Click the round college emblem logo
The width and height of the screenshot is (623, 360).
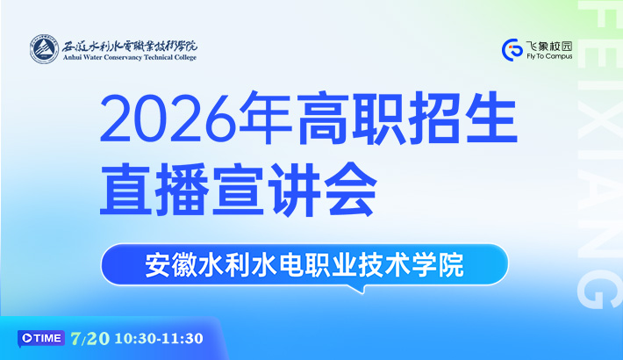(x=44, y=49)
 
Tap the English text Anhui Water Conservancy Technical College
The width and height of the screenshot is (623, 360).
(x=130, y=57)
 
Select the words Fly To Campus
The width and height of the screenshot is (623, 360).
(x=549, y=56)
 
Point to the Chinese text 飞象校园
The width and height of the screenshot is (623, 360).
(x=549, y=46)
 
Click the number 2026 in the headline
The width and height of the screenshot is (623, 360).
(x=168, y=119)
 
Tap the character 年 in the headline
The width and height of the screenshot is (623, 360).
(x=265, y=119)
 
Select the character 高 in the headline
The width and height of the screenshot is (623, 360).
(x=322, y=119)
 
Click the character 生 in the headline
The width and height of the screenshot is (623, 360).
(x=491, y=119)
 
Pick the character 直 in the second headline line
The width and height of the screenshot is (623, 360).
(x=126, y=189)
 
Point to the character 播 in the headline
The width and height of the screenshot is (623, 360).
(x=183, y=189)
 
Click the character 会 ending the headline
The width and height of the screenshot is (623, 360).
(x=350, y=189)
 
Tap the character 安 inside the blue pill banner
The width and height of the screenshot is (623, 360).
(x=158, y=265)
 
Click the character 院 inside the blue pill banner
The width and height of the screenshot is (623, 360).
(x=450, y=265)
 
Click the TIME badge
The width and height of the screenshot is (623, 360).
(x=41, y=339)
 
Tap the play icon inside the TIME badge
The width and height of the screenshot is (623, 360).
(x=27, y=338)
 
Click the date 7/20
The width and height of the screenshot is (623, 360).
(x=90, y=339)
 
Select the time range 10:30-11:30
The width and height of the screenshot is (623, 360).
(x=159, y=339)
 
